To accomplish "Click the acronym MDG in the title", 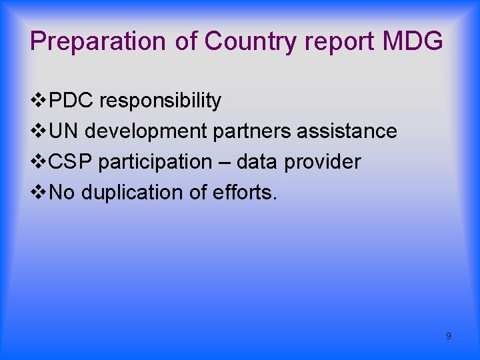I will (x=413, y=41).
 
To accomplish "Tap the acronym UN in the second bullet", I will (x=65, y=131).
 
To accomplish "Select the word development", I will (x=147, y=131).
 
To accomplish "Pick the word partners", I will (x=252, y=131).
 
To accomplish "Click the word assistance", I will (x=347, y=131).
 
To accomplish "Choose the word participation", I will (x=155, y=162).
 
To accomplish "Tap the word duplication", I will (x=134, y=193).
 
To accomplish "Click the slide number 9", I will (x=448, y=336).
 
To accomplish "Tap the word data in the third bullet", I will (x=258, y=162).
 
